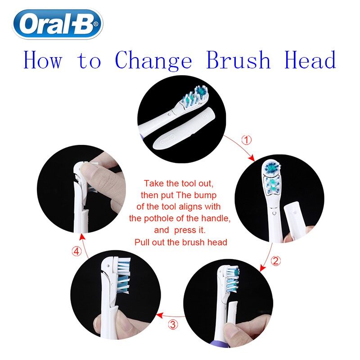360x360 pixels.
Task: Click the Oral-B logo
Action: point(58,24)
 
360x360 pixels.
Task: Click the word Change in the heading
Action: point(153,61)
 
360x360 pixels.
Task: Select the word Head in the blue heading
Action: point(310,60)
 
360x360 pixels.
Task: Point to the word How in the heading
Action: point(43,60)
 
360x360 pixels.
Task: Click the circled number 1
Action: point(247,140)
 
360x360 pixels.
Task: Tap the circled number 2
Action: point(275,261)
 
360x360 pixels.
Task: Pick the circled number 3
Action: point(173,324)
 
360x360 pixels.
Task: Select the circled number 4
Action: point(76,251)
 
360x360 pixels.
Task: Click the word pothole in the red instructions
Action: point(158,218)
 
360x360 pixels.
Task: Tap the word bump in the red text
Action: point(205,195)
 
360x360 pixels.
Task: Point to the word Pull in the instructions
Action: point(142,242)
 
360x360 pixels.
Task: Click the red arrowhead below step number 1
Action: point(252,158)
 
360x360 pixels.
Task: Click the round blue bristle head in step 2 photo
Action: point(272,167)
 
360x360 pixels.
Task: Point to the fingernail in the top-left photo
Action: point(87,170)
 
